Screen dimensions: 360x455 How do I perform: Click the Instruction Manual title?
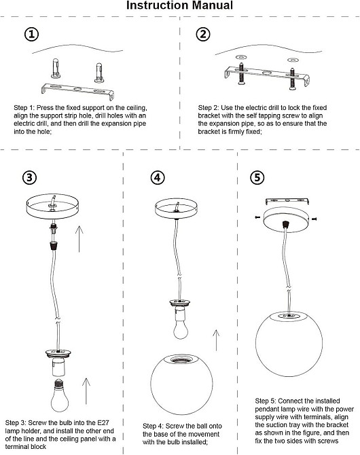click(179, 5)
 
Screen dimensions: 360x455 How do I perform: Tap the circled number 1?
click(31, 34)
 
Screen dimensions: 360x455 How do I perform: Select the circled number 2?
click(203, 34)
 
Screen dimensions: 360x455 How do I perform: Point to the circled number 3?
click(30, 177)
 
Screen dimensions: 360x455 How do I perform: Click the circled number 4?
click(158, 177)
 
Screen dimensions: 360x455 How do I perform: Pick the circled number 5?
click(257, 177)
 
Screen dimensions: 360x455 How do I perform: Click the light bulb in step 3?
click(60, 395)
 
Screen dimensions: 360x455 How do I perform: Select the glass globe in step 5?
click(289, 344)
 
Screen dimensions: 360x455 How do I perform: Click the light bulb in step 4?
click(181, 325)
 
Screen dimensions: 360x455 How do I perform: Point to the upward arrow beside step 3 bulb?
click(86, 391)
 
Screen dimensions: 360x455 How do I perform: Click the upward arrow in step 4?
click(216, 340)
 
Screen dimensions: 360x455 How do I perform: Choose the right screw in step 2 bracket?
click(292, 78)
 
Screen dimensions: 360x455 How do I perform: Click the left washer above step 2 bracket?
click(241, 56)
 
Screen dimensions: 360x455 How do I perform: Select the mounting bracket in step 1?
click(77, 90)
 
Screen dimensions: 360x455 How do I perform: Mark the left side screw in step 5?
click(257, 217)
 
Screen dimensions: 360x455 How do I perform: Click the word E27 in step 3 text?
click(103, 422)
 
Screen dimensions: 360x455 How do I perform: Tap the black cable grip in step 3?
click(53, 245)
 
